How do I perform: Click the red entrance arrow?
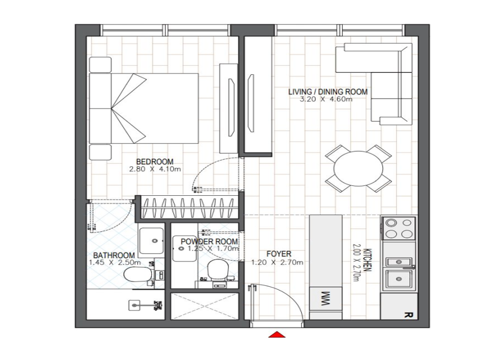point(277,335)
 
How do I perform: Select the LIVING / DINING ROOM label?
point(328,92)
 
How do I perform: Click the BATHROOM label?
point(114,255)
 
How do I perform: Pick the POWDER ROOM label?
point(209,241)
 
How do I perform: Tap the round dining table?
point(358,169)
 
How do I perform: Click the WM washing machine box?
point(326,299)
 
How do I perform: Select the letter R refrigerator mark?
point(408,315)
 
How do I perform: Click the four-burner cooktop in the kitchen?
point(399,228)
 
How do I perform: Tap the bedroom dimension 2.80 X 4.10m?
point(155,169)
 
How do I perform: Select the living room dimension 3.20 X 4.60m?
point(326,99)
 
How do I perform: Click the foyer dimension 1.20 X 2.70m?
point(277,262)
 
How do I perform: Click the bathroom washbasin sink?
point(151,241)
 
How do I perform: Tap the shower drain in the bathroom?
point(134,305)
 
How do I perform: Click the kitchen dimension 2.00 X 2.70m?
point(356,263)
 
